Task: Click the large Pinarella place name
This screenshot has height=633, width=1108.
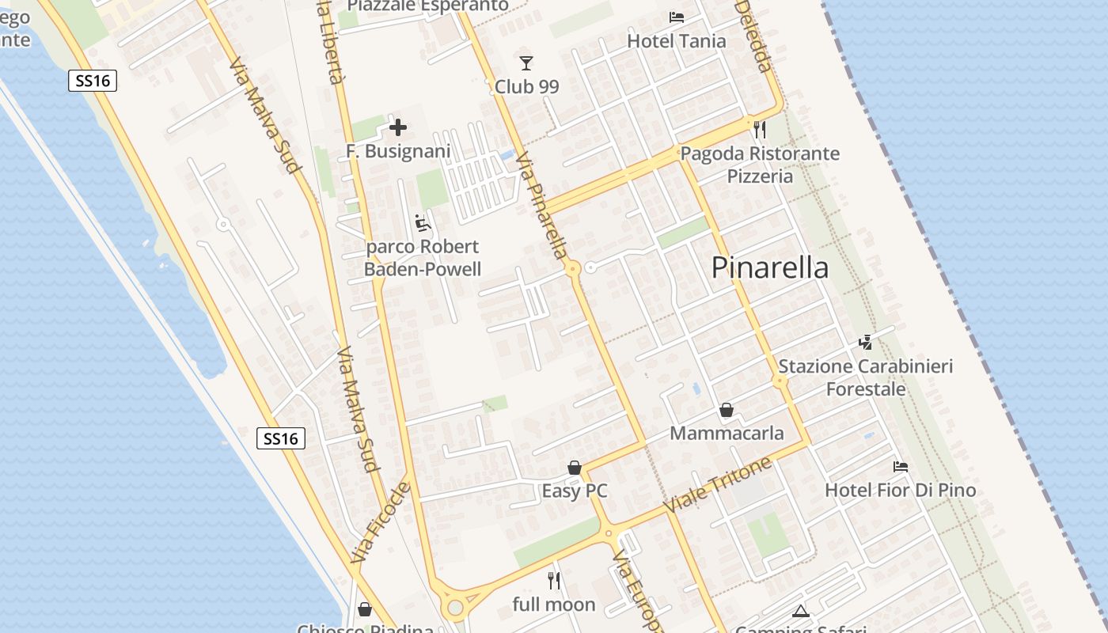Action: pyautogui.click(x=769, y=267)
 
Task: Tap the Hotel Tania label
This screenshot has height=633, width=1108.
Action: pyautogui.click(x=676, y=40)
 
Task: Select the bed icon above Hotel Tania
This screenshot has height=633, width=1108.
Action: pyautogui.click(x=677, y=17)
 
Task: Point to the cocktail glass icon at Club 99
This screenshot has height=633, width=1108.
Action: pyautogui.click(x=526, y=63)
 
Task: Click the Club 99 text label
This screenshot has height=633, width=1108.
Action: pyautogui.click(x=526, y=86)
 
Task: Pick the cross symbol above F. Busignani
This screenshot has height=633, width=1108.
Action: pyautogui.click(x=398, y=127)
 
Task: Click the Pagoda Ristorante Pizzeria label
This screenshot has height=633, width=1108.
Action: pyautogui.click(x=760, y=165)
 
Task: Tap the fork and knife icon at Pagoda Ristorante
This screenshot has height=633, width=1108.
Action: pyautogui.click(x=760, y=129)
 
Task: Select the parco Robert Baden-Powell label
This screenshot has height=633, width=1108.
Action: pyautogui.click(x=423, y=258)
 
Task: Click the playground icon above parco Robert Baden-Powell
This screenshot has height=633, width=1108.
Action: pyautogui.click(x=423, y=223)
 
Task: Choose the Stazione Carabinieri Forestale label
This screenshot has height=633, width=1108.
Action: pyautogui.click(x=866, y=377)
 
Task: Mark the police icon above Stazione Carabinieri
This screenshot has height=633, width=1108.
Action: pyautogui.click(x=866, y=343)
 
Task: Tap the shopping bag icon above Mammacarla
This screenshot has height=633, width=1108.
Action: pyautogui.click(x=727, y=410)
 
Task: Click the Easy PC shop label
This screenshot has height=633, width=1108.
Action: pyautogui.click(x=575, y=491)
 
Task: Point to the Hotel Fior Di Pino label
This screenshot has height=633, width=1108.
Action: pyautogui.click(x=900, y=491)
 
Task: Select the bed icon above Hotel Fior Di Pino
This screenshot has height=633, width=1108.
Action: pyautogui.click(x=901, y=467)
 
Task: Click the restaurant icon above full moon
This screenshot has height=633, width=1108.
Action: pyautogui.click(x=554, y=581)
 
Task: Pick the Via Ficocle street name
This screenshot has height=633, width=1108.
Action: pyautogui.click(x=381, y=523)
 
